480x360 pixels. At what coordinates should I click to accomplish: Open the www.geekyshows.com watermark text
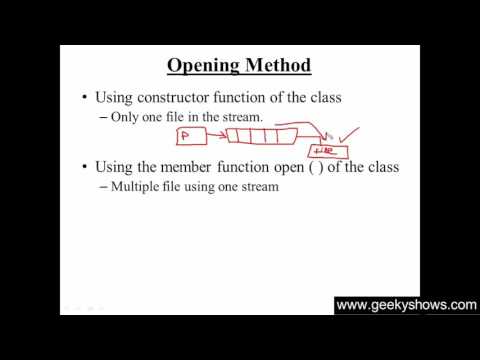406,305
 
